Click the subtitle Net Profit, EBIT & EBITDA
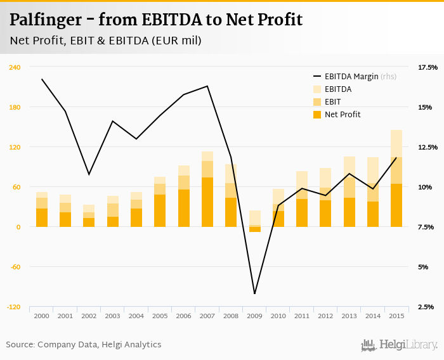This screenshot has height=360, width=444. coord(105,41)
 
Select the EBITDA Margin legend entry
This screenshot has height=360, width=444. coord(360,77)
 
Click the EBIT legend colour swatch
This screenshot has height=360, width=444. coord(317,102)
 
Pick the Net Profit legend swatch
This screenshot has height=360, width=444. coord(317,115)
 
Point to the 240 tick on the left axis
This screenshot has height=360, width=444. coord(15,67)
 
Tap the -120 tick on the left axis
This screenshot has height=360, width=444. coord(13,307)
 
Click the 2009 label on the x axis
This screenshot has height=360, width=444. coord(254,316)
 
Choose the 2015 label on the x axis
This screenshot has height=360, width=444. coord(396,316)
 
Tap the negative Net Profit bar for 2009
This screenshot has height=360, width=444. coord(254,229)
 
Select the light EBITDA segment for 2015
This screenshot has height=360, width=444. coord(396,143)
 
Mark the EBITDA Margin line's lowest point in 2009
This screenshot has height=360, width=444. coord(254,293)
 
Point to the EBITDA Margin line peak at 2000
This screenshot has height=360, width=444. coord(42,79)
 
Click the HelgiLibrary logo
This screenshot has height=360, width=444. coord(400,345)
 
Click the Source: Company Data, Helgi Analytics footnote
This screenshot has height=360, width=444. coord(84,345)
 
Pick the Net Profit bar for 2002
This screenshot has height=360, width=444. coord(89,222)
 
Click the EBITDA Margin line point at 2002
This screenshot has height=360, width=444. coord(89,174)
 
